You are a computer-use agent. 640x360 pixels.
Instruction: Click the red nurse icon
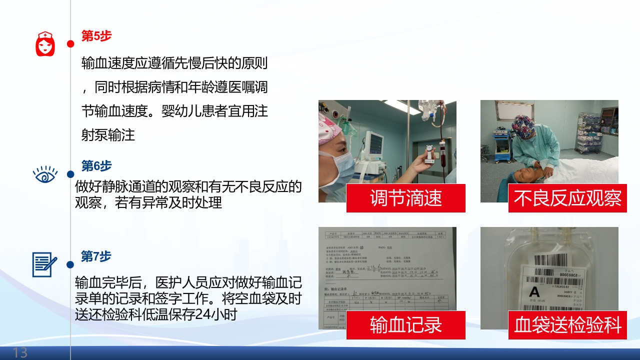[x=45, y=43]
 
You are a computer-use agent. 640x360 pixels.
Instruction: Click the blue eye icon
[x=45, y=174]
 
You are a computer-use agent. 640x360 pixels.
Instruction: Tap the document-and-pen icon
[x=44, y=264]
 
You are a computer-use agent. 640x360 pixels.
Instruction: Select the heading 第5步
[x=96, y=36]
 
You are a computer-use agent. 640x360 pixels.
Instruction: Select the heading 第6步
[x=96, y=166]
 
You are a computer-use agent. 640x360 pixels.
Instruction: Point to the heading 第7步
[x=96, y=256]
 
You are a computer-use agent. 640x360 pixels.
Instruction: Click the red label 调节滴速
[x=406, y=198]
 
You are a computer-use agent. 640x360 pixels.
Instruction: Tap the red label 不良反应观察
[x=567, y=198]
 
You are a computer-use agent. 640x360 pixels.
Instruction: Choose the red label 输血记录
[x=406, y=325]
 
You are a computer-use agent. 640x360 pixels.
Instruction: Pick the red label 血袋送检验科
[x=567, y=325]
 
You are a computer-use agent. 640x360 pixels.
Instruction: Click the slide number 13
[x=20, y=352]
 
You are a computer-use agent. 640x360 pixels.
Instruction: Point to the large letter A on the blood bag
[x=534, y=292]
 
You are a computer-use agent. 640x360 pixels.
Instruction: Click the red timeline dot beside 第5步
[x=70, y=44]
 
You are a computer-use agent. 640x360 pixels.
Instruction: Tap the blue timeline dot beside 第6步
[x=70, y=174]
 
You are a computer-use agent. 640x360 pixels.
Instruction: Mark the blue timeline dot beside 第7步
[x=70, y=264]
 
